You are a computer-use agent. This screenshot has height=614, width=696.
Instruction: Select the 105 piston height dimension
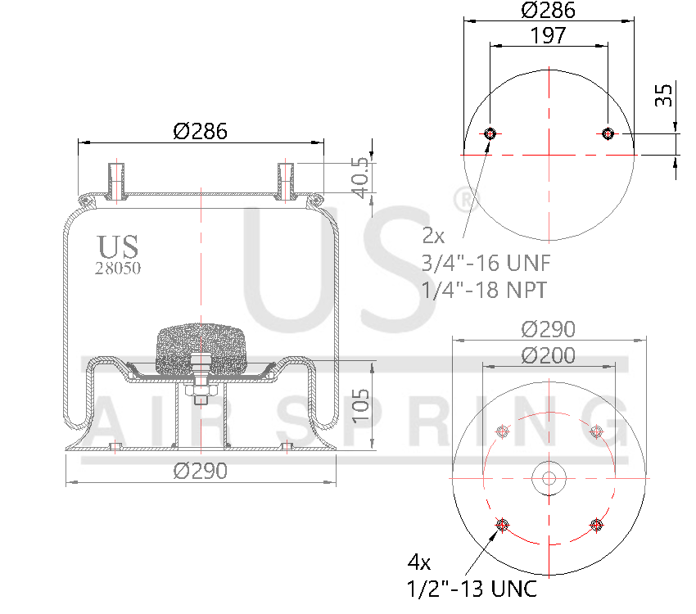point(362,406)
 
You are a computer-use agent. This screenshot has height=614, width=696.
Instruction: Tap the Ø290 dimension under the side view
point(200,472)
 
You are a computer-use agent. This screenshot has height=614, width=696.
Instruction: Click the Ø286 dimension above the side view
point(200,130)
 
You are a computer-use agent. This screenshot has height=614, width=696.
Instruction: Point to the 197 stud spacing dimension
point(548,35)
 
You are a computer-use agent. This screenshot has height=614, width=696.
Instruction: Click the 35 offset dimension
point(664,96)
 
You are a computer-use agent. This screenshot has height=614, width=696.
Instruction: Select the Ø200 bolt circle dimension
point(548,355)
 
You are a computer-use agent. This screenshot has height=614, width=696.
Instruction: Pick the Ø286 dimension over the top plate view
point(548,10)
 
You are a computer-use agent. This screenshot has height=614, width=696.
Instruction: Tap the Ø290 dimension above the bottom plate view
point(548,329)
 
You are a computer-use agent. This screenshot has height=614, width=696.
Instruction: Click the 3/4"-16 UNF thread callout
point(486,263)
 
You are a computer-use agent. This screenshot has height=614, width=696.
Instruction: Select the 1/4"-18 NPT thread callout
point(484,290)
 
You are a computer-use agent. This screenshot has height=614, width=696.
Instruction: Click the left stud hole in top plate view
point(490,134)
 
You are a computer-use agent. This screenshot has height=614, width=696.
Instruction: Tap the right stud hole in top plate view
point(608,134)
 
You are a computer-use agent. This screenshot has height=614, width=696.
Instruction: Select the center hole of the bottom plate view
point(548,478)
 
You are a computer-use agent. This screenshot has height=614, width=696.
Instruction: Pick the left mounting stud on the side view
point(116,181)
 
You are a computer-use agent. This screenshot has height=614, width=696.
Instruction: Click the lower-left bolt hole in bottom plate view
point(501,524)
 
